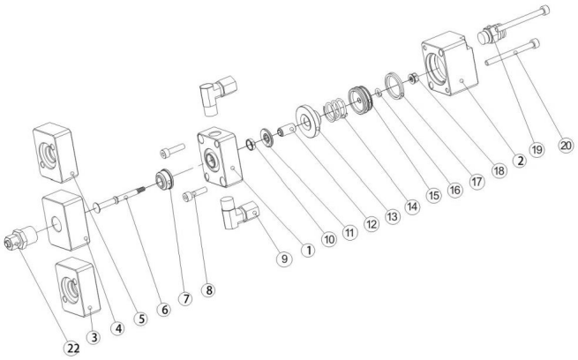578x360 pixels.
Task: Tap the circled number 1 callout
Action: pos(308,249)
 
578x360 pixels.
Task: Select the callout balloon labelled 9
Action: pos(283,259)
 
